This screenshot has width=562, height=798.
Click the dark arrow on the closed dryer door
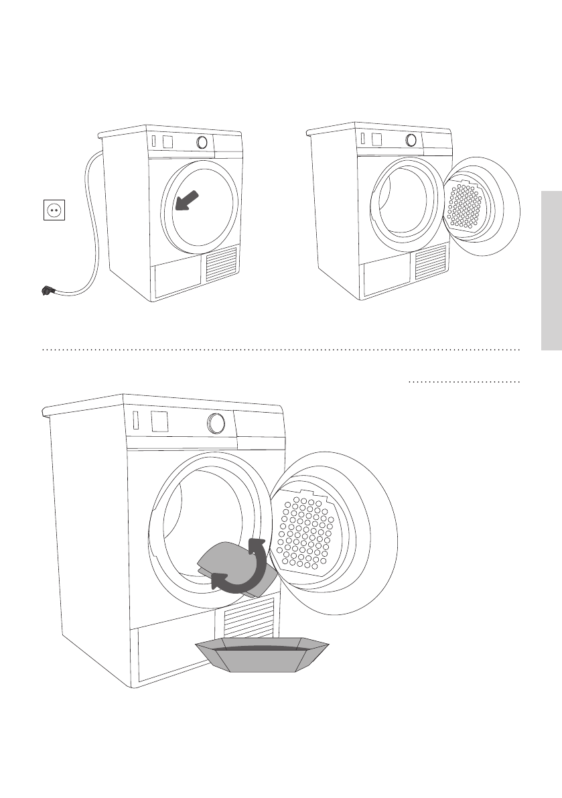pyautogui.click(x=188, y=200)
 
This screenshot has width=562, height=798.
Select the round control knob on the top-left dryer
pyautogui.click(x=202, y=143)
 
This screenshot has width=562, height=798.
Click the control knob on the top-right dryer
pyautogui.click(x=411, y=141)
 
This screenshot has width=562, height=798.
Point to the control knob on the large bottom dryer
pyautogui.click(x=216, y=423)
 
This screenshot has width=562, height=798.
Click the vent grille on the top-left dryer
pyautogui.click(x=222, y=263)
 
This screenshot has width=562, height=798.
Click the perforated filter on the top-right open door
pyautogui.click(x=468, y=204)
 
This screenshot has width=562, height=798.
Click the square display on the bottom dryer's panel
pyautogui.click(x=159, y=421)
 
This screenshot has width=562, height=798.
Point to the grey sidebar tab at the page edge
pyautogui.click(x=551, y=271)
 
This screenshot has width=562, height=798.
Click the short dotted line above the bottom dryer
pyautogui.click(x=464, y=383)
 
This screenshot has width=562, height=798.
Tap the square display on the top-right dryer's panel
pyautogui.click(x=376, y=140)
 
